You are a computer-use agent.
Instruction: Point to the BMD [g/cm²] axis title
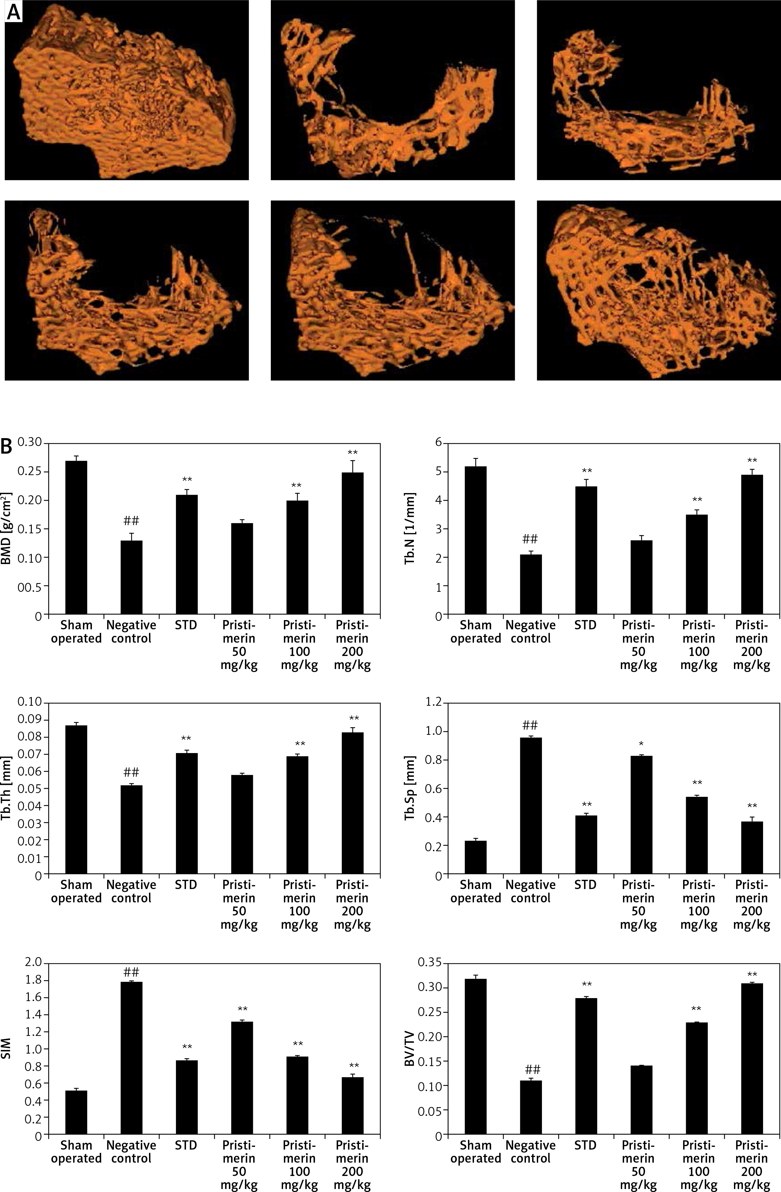[7, 528]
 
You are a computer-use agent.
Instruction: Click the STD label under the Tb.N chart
[586, 625]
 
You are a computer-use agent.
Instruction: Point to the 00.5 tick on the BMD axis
[30, 586]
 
